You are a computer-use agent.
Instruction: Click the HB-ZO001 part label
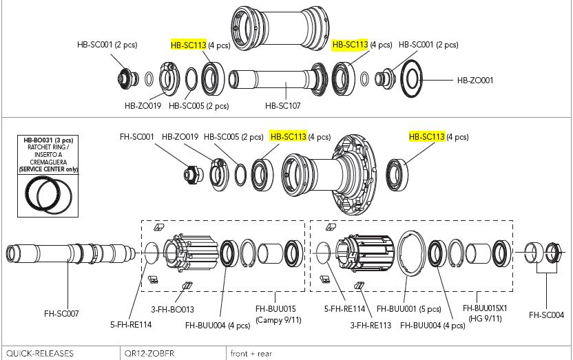[475, 80]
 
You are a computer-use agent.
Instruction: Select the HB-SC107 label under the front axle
[284, 106]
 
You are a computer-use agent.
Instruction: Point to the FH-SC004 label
[545, 315]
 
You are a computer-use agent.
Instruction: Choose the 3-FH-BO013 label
[172, 310]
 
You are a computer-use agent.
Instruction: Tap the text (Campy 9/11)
[275, 319]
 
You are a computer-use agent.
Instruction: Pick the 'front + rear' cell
[252, 353]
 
